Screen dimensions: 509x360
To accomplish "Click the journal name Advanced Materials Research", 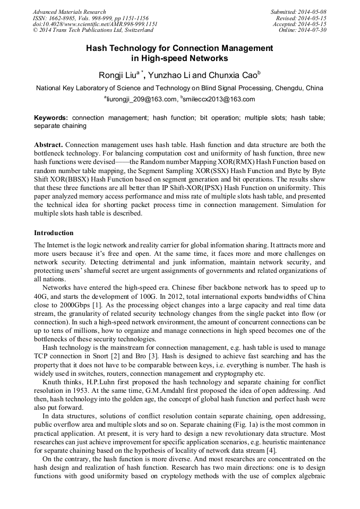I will (69, 12).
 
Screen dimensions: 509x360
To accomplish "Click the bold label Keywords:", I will (51, 118).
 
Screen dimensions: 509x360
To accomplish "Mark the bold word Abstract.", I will (49, 145).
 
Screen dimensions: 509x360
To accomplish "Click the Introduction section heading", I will (54, 232).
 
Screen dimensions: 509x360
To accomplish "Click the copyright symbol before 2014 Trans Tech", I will (35, 30).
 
